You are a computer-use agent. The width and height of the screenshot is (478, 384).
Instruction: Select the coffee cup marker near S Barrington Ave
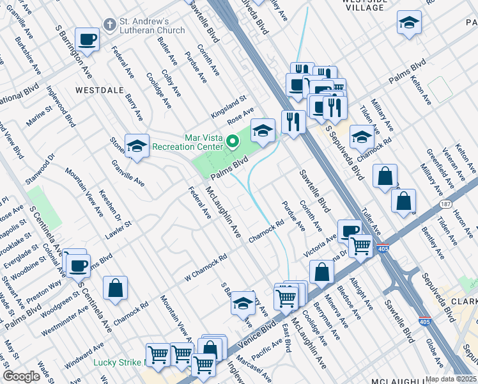coord(88,40)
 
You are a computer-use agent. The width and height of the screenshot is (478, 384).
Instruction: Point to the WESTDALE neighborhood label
coord(99,90)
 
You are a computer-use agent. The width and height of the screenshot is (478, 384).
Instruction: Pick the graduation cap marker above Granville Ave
coord(137,147)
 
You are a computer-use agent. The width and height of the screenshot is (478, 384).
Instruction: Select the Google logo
coord(22,376)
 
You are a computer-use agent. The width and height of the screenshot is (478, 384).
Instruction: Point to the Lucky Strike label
coord(118,362)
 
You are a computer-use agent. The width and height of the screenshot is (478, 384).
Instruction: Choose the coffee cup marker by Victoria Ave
coord(350,231)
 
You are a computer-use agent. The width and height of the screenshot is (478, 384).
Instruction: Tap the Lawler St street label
coord(119,225)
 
